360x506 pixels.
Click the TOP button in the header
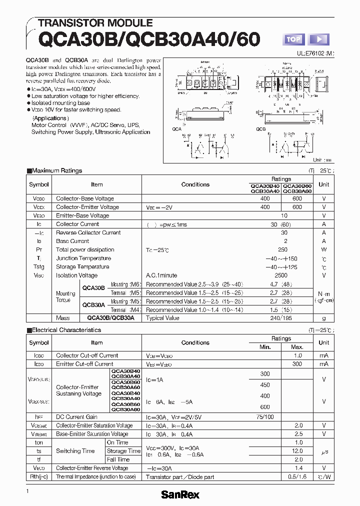294,39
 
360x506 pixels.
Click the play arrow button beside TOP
319,39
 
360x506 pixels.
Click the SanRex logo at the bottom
180,494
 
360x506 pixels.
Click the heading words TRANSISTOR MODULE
95,23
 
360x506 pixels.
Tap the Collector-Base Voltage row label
85,198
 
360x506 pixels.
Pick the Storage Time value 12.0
298,451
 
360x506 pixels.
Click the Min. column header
265,347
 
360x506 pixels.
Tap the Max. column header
297,347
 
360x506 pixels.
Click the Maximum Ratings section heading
56,170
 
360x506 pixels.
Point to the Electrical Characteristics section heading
66,330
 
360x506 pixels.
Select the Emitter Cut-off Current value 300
297,364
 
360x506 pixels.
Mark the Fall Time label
118,459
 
